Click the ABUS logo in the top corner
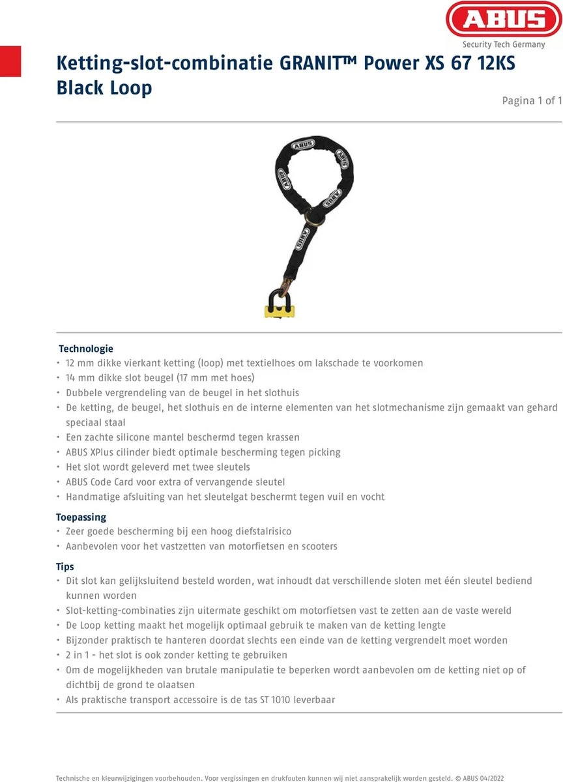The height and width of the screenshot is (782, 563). pyautogui.click(x=504, y=20)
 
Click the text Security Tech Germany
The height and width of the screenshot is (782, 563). pyautogui.click(x=504, y=44)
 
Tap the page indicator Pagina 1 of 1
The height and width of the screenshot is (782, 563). pyautogui.click(x=532, y=100)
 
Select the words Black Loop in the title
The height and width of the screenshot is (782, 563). pyautogui.click(x=104, y=88)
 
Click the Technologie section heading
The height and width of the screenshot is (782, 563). pyautogui.click(x=86, y=349)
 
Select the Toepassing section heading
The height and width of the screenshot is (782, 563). pyautogui.click(x=81, y=517)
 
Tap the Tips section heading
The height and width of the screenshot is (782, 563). pyautogui.click(x=65, y=567)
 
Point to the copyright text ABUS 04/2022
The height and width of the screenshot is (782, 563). pyautogui.click(x=485, y=777)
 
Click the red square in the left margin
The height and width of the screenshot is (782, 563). pyautogui.click(x=10, y=62)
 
